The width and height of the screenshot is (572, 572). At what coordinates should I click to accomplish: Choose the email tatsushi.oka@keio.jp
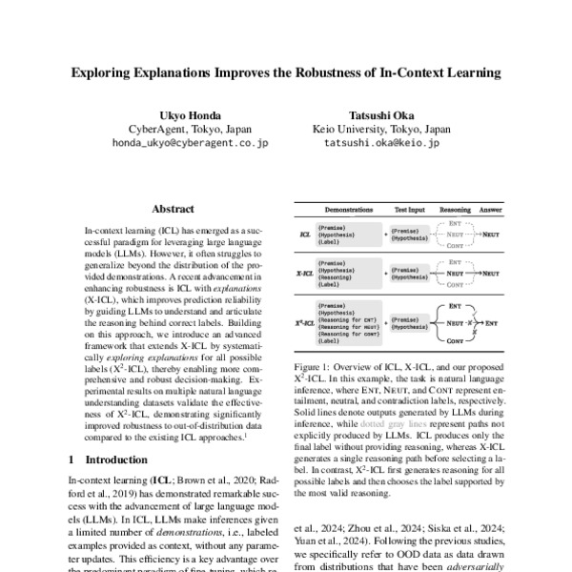[381, 144]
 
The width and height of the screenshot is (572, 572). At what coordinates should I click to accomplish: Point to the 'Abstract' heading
[173, 209]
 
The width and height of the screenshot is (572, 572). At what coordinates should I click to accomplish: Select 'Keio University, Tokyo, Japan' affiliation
[381, 130]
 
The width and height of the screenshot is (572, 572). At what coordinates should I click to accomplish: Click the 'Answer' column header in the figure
[491, 208]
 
